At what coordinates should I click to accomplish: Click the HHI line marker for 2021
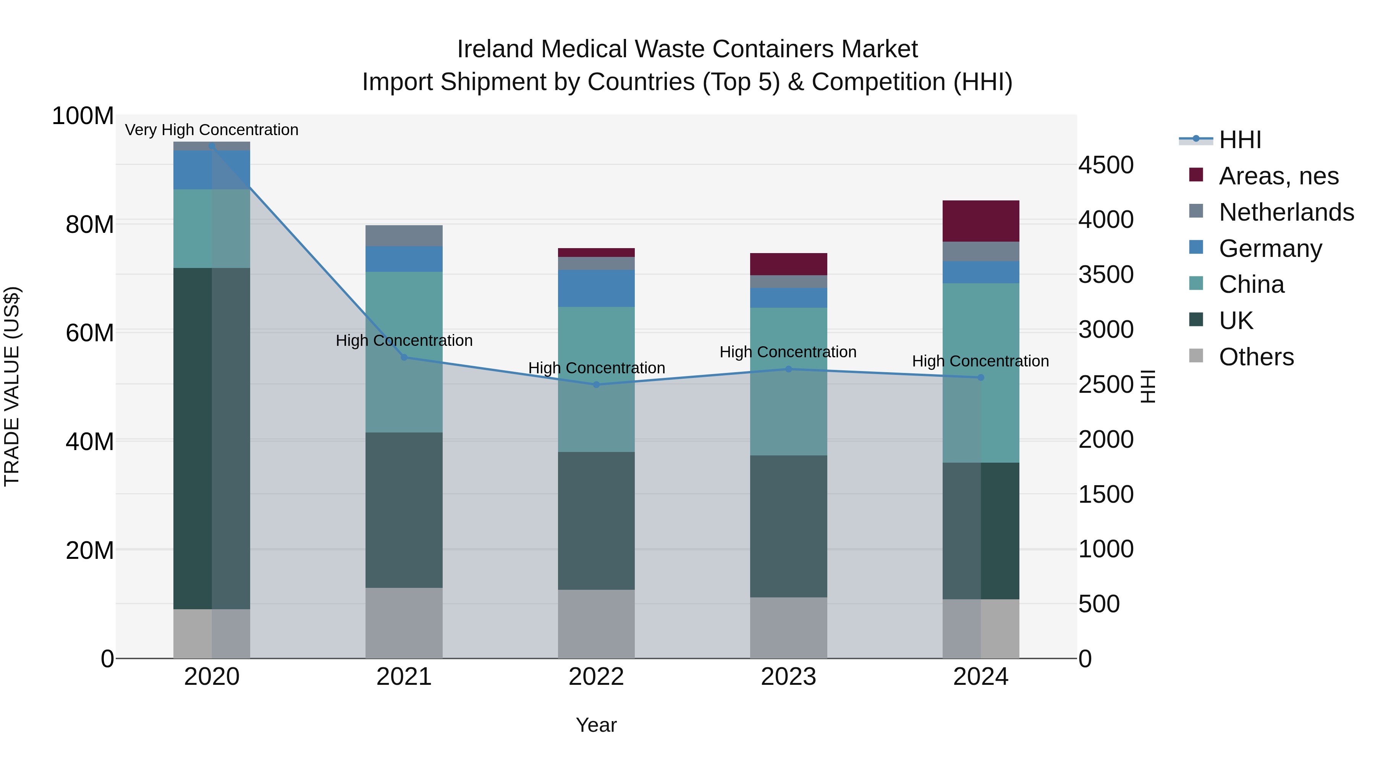coord(404,357)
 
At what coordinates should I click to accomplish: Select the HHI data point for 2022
coord(596,385)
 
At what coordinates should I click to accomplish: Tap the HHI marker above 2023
coord(788,369)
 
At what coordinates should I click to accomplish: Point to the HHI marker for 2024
coord(980,378)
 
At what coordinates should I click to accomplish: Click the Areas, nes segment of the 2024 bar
coord(980,221)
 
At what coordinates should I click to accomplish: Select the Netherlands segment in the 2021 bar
coord(404,235)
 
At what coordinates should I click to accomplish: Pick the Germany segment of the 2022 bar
coord(596,288)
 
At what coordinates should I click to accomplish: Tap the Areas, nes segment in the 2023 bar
coord(788,264)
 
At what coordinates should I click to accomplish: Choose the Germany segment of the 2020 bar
coord(212,169)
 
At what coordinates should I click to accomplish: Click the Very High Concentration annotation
coord(212,130)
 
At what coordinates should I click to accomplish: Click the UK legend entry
coord(1236,321)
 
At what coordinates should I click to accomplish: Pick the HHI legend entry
coord(1239,140)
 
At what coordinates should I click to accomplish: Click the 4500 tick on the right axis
coord(1105,165)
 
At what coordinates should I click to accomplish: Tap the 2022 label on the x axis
coord(596,677)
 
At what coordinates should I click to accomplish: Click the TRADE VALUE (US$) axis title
coord(12,386)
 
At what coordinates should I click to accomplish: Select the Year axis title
coord(596,725)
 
